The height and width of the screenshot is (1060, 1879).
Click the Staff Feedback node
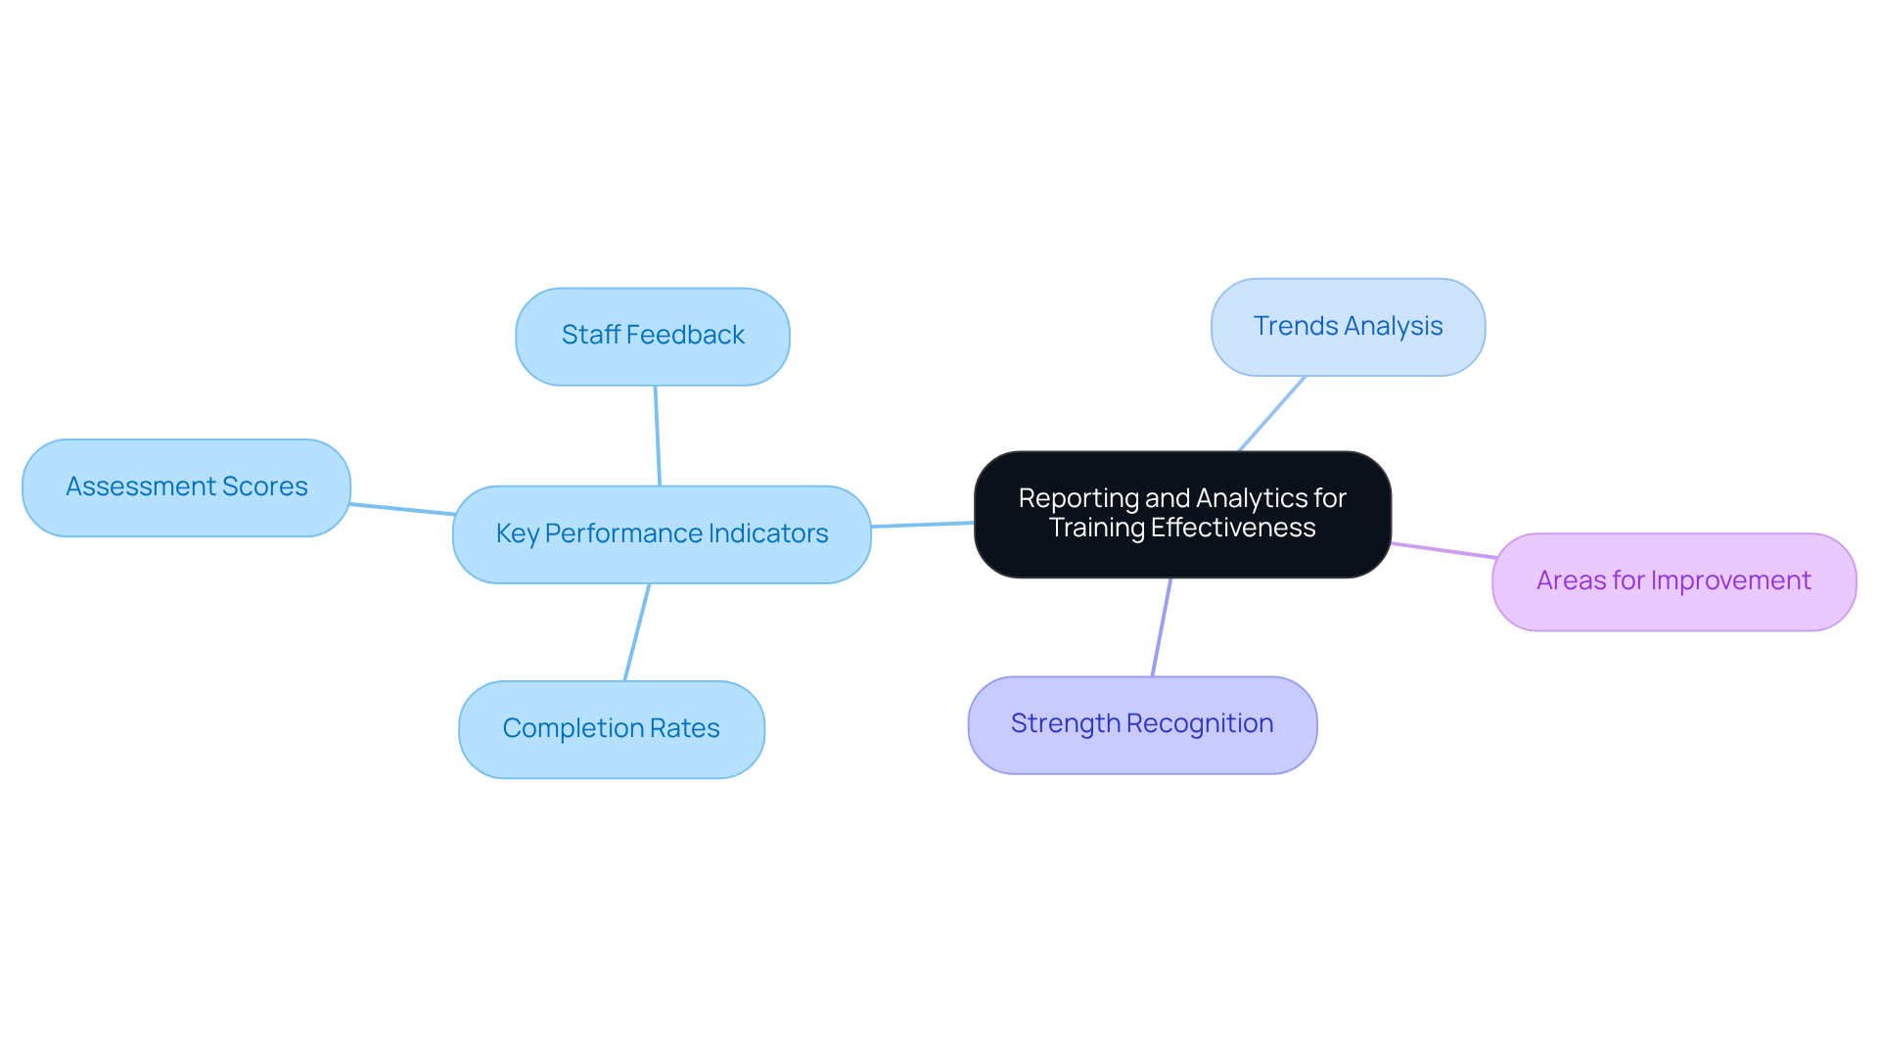(653, 336)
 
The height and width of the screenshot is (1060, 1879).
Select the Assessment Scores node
(186, 487)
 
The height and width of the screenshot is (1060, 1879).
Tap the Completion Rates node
(611, 729)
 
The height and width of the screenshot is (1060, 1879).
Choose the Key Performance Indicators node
(662, 534)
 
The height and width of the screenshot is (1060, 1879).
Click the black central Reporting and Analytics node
(1182, 514)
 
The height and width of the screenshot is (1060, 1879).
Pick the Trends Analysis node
(1348, 327)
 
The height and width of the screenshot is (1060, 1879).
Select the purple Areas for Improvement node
(1673, 581)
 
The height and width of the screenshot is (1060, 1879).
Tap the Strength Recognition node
(1142, 724)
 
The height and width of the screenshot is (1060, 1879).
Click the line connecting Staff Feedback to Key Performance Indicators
(658, 436)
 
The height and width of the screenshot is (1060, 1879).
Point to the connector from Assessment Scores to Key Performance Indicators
(402, 509)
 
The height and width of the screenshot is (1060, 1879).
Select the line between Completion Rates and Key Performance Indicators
(637, 632)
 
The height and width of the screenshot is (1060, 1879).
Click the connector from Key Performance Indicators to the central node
(922, 525)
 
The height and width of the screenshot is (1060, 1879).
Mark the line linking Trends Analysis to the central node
(1272, 413)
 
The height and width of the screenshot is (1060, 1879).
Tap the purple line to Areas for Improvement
(1444, 551)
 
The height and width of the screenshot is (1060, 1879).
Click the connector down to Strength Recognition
(1162, 626)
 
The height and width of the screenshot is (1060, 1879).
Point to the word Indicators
(768, 533)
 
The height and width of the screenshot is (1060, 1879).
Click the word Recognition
(1200, 723)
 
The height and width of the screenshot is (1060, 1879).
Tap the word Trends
(1288, 326)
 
